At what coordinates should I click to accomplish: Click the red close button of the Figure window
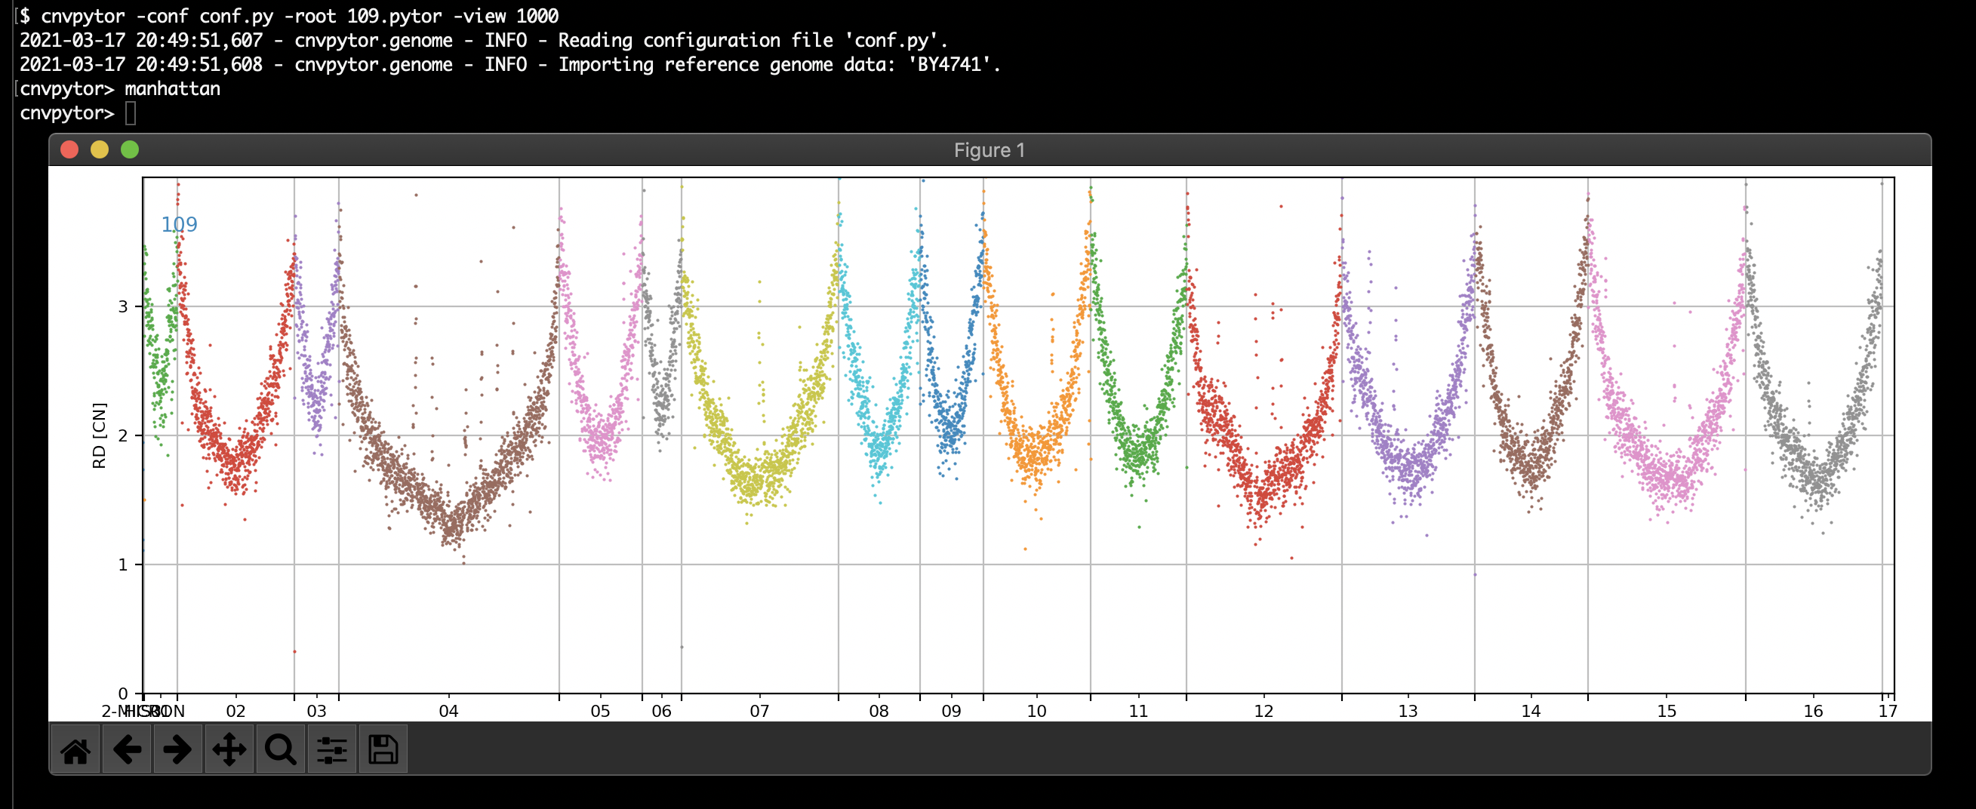pyautogui.click(x=69, y=149)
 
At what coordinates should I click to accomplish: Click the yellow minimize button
pyautogui.click(x=100, y=149)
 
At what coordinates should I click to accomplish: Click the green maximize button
pyautogui.click(x=130, y=149)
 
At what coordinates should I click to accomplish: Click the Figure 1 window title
pyautogui.click(x=989, y=150)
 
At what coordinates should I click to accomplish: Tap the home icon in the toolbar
pyautogui.click(x=75, y=750)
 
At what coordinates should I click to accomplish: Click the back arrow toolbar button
pyautogui.click(x=127, y=750)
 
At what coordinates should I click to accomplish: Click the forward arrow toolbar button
pyautogui.click(x=177, y=750)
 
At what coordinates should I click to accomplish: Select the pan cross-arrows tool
pyautogui.click(x=229, y=750)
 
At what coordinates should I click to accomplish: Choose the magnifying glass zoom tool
pyautogui.click(x=280, y=750)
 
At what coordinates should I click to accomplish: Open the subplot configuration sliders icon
pyautogui.click(x=331, y=750)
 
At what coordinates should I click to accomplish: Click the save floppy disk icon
pyautogui.click(x=383, y=750)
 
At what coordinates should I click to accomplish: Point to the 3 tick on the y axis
pyautogui.click(x=123, y=306)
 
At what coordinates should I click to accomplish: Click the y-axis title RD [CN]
pyautogui.click(x=99, y=435)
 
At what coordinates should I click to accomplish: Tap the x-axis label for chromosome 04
pyautogui.click(x=449, y=712)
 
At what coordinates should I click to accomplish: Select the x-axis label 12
pyautogui.click(x=1263, y=712)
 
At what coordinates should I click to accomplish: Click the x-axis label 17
pyautogui.click(x=1888, y=712)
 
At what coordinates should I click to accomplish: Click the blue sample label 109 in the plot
pyautogui.click(x=179, y=225)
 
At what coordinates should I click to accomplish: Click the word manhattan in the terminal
pyautogui.click(x=172, y=89)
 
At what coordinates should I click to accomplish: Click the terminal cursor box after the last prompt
pyautogui.click(x=131, y=113)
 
